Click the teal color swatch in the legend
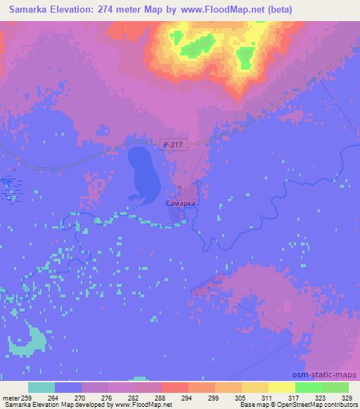tap(41, 387)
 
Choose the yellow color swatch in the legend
tap(282, 387)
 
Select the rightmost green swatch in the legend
tap(335, 387)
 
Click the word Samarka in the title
tap(31, 9)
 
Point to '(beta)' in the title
tap(275, 9)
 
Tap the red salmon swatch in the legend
tap(175, 387)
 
